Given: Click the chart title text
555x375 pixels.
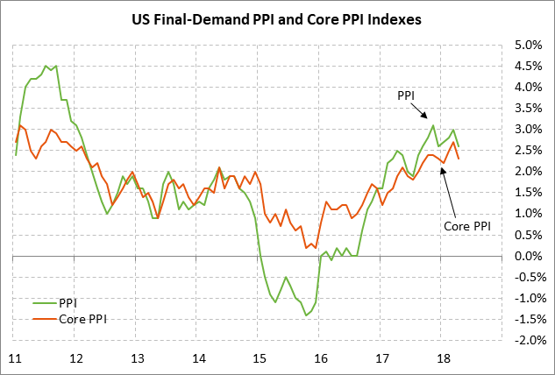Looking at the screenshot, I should tap(277, 18).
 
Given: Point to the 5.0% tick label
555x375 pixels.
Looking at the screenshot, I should tap(529, 45).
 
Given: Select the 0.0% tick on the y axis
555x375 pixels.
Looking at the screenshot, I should tap(529, 256).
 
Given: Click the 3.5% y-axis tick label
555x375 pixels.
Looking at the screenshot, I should tap(529, 108).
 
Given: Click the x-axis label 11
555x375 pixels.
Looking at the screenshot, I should tap(15, 357).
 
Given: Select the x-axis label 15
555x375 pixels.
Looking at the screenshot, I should tap(260, 357).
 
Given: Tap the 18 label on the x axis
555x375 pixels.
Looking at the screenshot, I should tap(444, 357).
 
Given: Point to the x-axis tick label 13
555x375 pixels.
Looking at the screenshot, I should tap(137, 357).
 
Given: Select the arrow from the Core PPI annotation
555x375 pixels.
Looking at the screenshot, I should tap(450, 188).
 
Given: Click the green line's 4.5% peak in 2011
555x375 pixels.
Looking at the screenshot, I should tap(46, 66).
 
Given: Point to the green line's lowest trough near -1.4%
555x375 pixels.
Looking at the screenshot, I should tap(306, 315).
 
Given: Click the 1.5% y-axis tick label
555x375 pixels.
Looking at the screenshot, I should tap(529, 193).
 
